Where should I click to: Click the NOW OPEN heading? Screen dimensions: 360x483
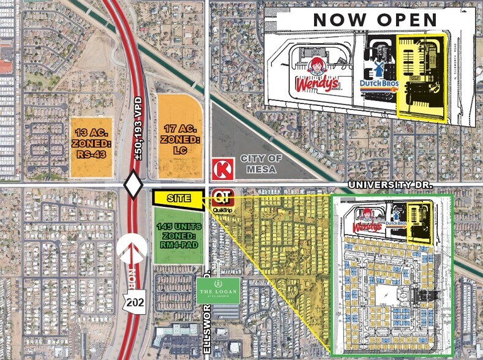coord(375,19)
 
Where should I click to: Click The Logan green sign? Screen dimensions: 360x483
coord(218,291)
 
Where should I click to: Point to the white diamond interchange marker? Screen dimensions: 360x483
coord(133,185)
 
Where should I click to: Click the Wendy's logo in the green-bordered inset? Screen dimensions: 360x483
coord(367,223)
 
